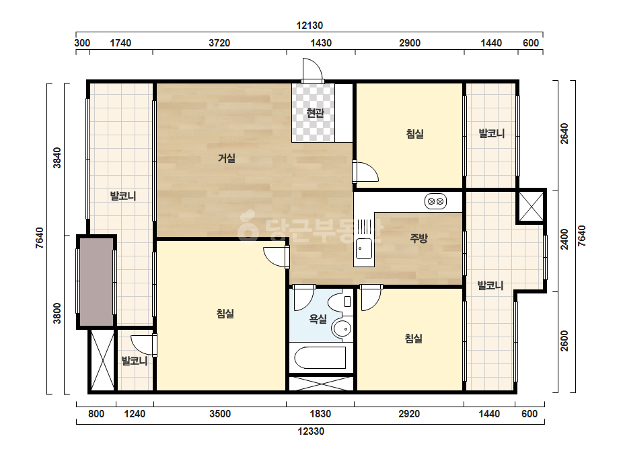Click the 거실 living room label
coord(227,158)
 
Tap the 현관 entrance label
coord(316,113)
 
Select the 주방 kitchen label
coord(418,238)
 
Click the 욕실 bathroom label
coord(318,318)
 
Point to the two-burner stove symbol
coord(436,201)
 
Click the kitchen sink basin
coord(363,248)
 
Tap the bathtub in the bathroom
coord(320,358)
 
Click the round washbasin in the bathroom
coord(341,328)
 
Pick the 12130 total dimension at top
coord(309,26)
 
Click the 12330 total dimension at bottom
coord(311,431)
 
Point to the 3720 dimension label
coord(219,43)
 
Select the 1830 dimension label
coord(320,414)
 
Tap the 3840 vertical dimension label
coord(57,157)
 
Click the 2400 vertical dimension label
coord(564,240)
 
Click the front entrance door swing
coord(312,70)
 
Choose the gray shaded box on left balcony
coord(97,282)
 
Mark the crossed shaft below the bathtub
coord(321,384)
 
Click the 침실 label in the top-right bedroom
coord(414,133)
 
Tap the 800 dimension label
coord(96,414)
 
